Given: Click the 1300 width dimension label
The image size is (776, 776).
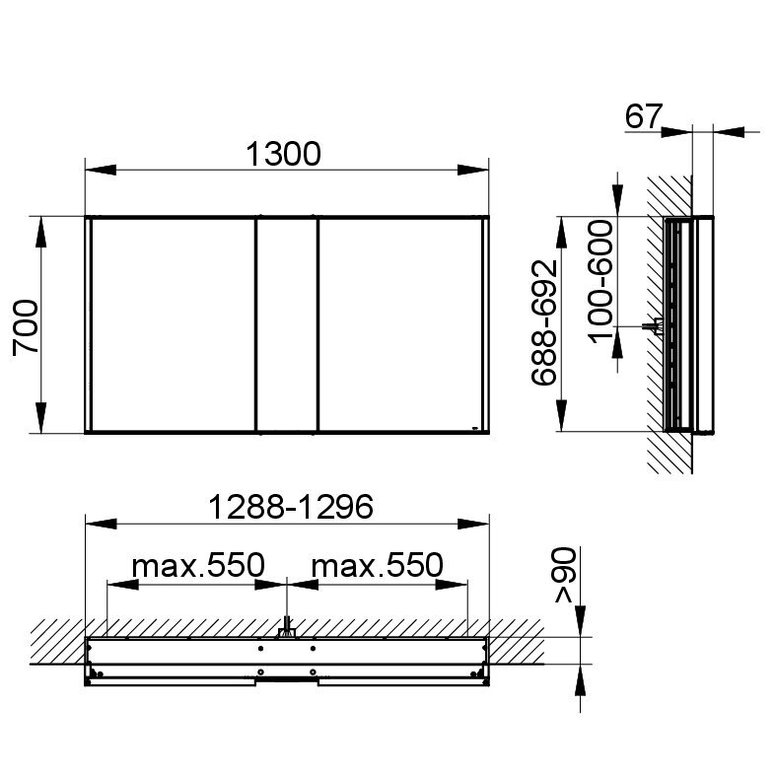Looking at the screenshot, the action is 283,154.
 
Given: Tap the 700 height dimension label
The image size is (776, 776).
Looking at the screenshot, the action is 26,327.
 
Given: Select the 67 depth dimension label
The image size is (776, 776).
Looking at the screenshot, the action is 643,116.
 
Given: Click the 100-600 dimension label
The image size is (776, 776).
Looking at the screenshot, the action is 600,282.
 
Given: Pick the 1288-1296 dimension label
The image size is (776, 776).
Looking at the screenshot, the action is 291,507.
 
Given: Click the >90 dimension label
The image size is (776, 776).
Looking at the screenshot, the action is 565,575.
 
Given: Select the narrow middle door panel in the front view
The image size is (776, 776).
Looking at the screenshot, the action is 287,324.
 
